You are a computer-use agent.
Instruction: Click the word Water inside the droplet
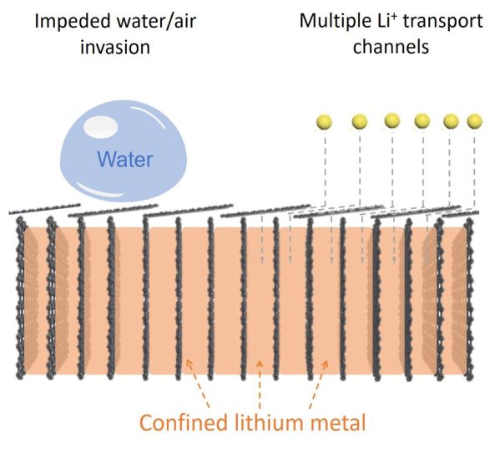click(125, 159)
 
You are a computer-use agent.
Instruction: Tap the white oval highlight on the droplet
click(100, 126)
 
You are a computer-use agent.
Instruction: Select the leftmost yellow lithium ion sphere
click(324, 122)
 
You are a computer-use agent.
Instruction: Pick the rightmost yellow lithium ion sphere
click(474, 121)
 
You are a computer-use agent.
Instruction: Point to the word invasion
click(115, 48)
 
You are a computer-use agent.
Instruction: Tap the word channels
click(391, 47)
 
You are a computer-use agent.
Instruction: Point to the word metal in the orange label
click(338, 422)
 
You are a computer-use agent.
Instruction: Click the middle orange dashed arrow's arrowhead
click(260, 364)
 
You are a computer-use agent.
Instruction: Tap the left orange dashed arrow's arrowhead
click(189, 363)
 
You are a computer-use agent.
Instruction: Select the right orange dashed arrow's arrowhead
click(326, 364)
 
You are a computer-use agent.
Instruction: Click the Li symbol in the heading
click(385, 22)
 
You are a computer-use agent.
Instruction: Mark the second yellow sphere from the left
click(360, 122)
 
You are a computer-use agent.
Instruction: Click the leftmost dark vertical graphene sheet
click(20, 298)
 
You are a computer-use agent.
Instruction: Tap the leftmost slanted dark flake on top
click(44, 208)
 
